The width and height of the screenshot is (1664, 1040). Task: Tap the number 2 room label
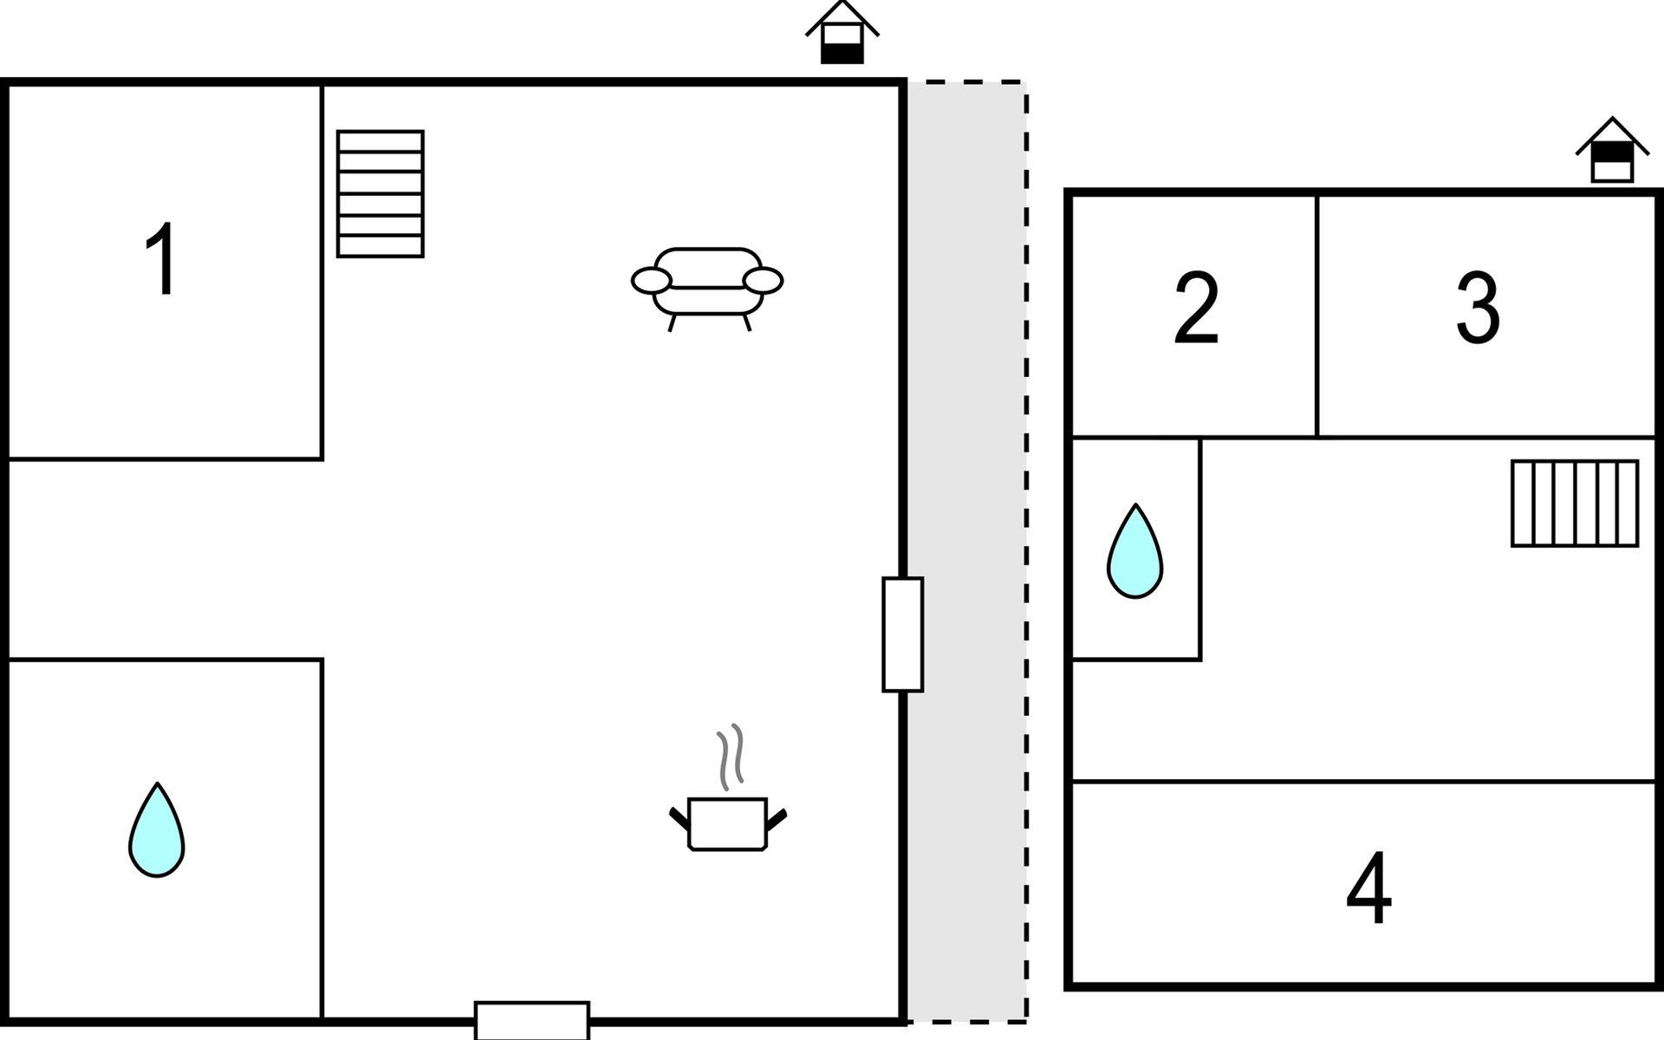[x=1196, y=308]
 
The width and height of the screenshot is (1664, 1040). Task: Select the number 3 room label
[x=1478, y=308]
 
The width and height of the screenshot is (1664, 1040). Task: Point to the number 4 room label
[x=1368, y=888]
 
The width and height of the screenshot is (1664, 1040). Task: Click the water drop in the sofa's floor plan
[x=157, y=829]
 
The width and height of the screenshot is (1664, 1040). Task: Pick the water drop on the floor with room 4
[x=1134, y=551]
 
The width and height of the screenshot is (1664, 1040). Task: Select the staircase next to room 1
[x=380, y=194]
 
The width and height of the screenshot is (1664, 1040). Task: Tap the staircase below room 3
[x=1575, y=504]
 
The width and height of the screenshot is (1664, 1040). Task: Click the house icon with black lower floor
[x=842, y=32]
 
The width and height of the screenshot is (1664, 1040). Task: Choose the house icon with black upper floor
[x=1612, y=150]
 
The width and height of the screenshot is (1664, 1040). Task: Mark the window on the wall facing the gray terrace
[x=902, y=634]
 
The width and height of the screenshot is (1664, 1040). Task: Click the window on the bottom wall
[x=532, y=1020]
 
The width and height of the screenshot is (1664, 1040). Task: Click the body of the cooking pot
[x=728, y=824]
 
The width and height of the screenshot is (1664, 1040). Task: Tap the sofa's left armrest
[x=651, y=281]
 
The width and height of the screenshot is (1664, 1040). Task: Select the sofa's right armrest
[x=763, y=281]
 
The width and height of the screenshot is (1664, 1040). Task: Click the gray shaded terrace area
[x=966, y=552]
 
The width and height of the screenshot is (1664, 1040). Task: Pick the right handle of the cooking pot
[x=777, y=820]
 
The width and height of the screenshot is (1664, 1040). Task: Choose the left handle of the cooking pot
[x=679, y=820]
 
